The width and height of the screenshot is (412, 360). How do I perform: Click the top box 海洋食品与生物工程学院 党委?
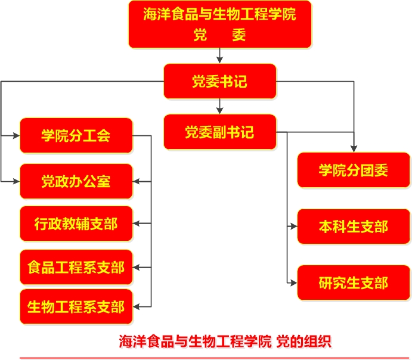coord(220,24)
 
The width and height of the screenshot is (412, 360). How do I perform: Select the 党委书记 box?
coord(220,82)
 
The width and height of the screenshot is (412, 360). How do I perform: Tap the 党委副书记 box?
coord(220,132)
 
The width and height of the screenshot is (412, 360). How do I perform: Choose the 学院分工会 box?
coord(76,135)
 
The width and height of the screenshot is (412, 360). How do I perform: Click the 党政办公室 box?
coord(76,181)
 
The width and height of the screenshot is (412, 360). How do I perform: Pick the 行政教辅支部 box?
coord(76,224)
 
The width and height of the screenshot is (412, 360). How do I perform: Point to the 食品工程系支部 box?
coord(76,267)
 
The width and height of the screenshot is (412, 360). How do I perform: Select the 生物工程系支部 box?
coord(76,306)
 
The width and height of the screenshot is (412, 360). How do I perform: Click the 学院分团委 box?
coord(354,170)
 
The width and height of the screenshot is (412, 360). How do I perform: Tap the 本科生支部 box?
coord(354,226)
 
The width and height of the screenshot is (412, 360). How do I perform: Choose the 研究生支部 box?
coord(354,282)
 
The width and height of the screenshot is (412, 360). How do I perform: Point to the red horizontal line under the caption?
coord(215,358)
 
